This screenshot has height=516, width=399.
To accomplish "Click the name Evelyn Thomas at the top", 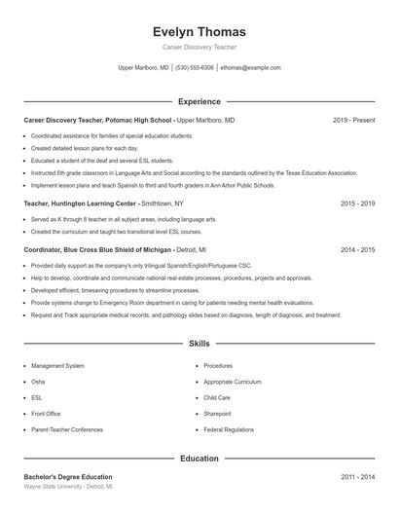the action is click(x=199, y=31).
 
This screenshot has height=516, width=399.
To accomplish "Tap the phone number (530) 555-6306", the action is click(x=195, y=68).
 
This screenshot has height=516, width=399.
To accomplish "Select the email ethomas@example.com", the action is click(x=250, y=68).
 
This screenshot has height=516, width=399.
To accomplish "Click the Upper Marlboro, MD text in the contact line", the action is click(x=143, y=68).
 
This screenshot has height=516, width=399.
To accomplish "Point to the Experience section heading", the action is click(x=199, y=101).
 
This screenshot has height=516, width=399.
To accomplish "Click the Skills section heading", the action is click(x=199, y=344).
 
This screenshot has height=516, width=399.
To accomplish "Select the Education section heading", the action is click(x=199, y=458).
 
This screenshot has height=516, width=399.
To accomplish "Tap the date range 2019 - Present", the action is click(x=353, y=120).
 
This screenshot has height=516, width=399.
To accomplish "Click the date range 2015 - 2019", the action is click(x=357, y=204).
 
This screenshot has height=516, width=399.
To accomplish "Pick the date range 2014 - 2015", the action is click(x=357, y=250).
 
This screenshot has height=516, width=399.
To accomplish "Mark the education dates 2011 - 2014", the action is click(x=357, y=477).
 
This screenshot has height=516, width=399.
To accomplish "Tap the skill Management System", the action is click(x=57, y=366).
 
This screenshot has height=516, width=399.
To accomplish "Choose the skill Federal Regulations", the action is click(x=229, y=429).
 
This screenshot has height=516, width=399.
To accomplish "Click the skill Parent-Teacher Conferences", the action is click(x=67, y=429).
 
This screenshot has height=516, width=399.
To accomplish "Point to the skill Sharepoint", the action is click(x=217, y=414).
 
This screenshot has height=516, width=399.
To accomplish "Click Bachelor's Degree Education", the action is click(x=68, y=477).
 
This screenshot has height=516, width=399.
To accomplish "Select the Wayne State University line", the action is click(x=68, y=486).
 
